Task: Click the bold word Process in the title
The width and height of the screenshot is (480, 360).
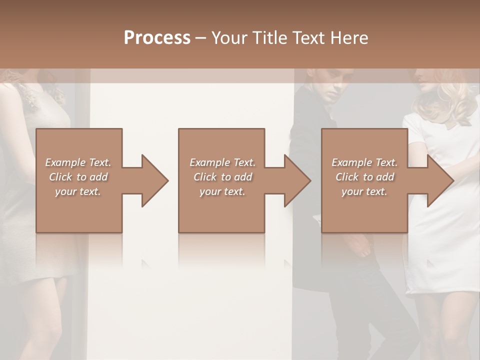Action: click(x=157, y=38)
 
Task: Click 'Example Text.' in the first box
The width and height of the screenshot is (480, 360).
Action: click(x=78, y=162)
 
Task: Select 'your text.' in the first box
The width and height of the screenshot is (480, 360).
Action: click(x=78, y=191)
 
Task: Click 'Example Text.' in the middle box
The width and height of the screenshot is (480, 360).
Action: click(x=222, y=162)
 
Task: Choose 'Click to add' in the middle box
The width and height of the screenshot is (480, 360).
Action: click(x=222, y=177)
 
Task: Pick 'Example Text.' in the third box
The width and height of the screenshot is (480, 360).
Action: click(x=364, y=162)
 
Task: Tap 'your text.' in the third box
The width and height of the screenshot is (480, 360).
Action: click(x=364, y=191)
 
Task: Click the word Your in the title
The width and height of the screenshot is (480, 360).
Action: click(x=229, y=38)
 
